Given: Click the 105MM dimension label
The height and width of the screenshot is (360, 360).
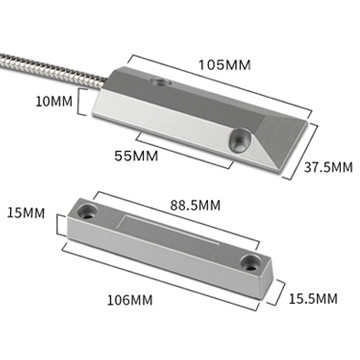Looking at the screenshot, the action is [224, 65].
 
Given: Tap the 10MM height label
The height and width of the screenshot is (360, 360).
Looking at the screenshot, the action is [54, 101].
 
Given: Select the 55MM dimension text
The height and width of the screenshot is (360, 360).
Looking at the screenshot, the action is [136, 156].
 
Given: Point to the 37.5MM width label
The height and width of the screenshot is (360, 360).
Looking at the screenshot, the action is [328, 167].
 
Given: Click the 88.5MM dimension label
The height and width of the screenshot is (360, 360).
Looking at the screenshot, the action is [195, 205].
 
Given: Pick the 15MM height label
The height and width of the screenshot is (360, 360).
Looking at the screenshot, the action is [26, 213].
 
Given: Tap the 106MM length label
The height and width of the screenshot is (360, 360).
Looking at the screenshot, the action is [130, 300].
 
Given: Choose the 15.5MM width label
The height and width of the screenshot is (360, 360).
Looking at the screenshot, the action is [313, 299].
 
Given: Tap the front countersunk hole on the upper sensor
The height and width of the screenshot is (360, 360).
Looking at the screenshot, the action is [240, 141].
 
